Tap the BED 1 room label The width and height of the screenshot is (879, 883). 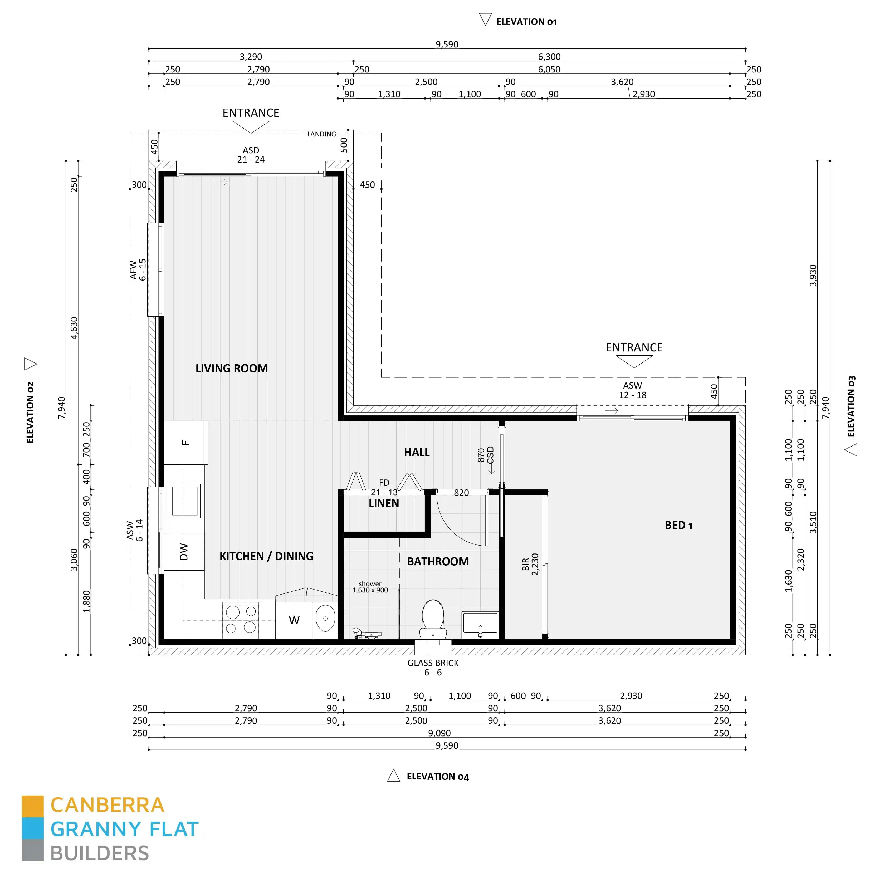pos(678,526)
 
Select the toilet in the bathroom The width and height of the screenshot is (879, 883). pos(433,619)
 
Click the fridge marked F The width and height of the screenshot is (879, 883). pos(185,442)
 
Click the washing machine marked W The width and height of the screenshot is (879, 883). pos(294,620)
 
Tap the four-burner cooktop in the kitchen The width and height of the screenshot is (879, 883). pos(240,620)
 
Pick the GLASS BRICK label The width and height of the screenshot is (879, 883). pos(433,663)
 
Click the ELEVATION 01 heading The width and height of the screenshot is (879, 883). pos(526,22)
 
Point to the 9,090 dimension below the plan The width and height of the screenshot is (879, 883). pos(439,733)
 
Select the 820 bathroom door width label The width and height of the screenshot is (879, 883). pos(461,493)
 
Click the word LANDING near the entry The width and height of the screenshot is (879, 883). pos(321,134)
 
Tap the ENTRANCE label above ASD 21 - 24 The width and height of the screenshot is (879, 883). pos(251,113)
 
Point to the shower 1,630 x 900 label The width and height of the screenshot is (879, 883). pos(370,587)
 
